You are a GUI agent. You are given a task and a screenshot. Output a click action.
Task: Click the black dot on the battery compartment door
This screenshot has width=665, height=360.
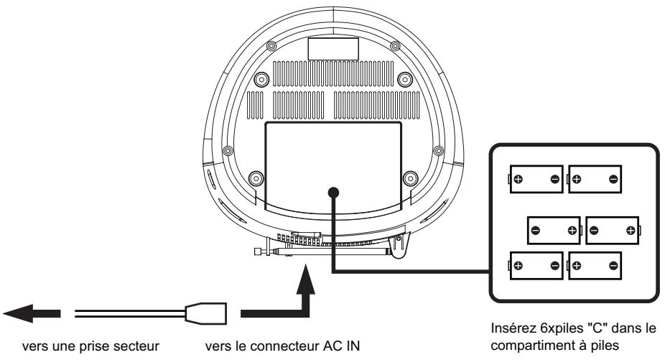(333, 193)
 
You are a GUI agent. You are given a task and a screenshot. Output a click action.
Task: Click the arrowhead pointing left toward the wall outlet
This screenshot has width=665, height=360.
(18, 314)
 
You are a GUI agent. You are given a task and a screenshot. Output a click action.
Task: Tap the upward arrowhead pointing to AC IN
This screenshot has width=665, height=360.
(305, 279)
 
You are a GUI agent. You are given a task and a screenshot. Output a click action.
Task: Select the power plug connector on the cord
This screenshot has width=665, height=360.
(205, 314)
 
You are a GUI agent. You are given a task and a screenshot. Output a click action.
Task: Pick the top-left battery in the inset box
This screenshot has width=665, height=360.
(536, 179)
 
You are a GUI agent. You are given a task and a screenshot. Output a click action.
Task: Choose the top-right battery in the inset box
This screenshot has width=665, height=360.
(595, 179)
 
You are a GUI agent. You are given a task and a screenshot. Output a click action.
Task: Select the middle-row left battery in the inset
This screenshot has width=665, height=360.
(554, 231)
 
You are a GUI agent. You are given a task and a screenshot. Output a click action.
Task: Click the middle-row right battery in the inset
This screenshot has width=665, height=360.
(613, 231)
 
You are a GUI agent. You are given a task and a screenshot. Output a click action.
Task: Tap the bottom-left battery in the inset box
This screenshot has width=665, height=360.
(536, 266)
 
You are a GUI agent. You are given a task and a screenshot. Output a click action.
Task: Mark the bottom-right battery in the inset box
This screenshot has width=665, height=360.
(595, 266)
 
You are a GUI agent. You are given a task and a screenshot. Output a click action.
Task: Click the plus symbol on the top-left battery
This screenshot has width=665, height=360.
(518, 179)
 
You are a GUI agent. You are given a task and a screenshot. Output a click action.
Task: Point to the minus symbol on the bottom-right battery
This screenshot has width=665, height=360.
(613, 266)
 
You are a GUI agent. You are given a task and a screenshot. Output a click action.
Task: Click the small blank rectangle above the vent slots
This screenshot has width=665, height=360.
(333, 49)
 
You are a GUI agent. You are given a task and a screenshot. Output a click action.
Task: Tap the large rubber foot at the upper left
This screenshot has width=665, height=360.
(261, 79)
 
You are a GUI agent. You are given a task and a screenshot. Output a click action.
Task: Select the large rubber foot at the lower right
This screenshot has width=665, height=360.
(411, 178)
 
